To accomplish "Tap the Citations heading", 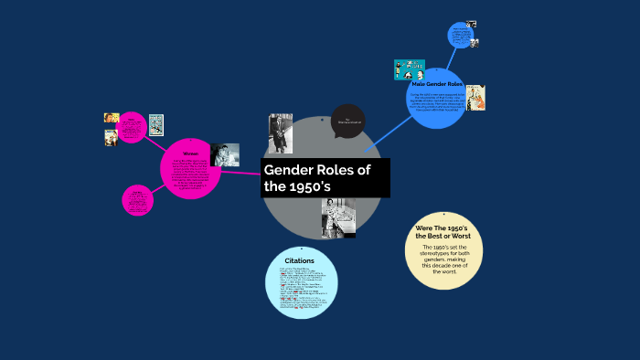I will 300,261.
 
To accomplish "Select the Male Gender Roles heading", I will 443,85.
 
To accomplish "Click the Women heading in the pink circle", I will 190,153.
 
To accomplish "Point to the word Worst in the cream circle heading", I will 457,237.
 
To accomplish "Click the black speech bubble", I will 347,121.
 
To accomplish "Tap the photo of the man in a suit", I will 280,132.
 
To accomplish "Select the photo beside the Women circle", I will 225,154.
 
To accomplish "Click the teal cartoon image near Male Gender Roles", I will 409,69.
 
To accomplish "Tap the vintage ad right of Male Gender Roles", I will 475,98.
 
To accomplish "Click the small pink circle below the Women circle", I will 137,200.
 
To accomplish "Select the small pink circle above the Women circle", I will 133,128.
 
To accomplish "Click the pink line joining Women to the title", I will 242,172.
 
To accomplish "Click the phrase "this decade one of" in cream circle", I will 443,265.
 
